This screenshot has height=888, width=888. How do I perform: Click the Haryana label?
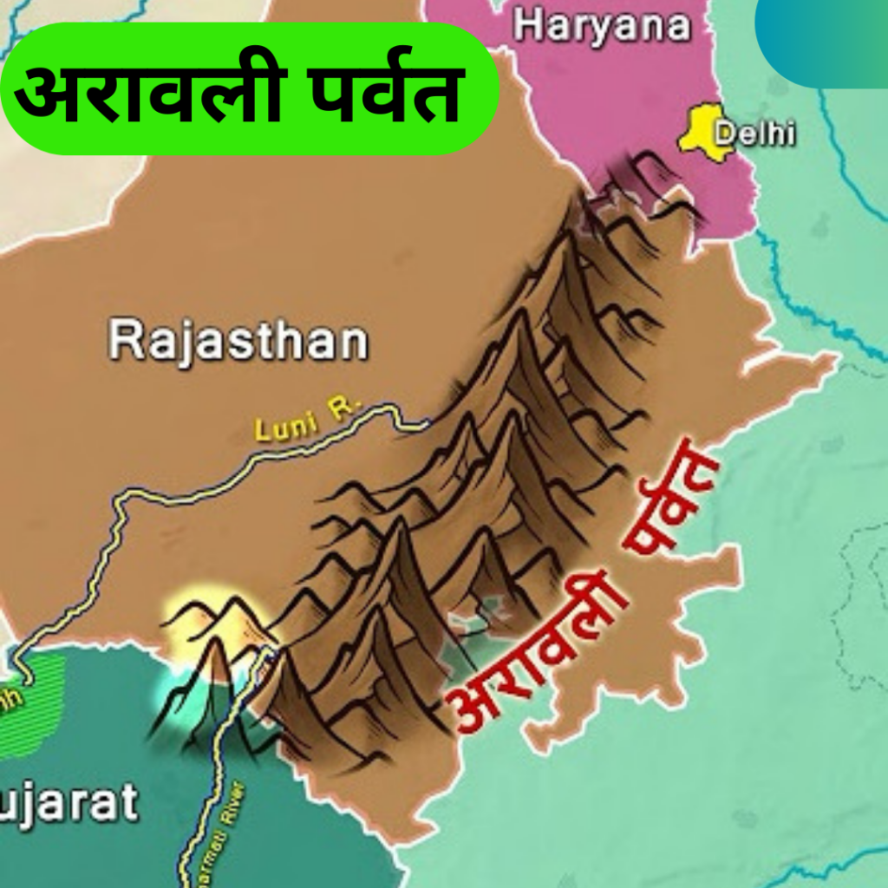tap(602, 26)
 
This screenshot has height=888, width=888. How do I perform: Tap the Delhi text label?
tap(754, 134)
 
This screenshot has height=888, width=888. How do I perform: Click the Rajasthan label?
tap(238, 342)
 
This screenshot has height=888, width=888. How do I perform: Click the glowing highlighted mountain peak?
tap(212, 620)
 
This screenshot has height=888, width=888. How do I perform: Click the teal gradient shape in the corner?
tap(824, 39)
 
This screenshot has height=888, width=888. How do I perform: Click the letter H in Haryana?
tap(526, 25)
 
